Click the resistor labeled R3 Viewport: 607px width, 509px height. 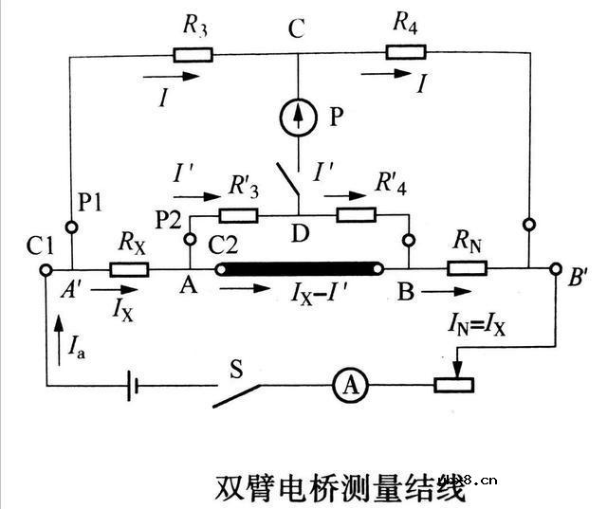(x=194, y=54)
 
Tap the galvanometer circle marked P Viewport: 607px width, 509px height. (x=299, y=116)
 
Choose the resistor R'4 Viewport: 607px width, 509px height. (x=355, y=214)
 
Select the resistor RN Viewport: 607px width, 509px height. (x=468, y=269)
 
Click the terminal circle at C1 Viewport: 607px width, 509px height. (x=46, y=269)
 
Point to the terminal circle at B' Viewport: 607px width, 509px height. (x=557, y=269)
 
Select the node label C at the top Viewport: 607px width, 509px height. (x=297, y=29)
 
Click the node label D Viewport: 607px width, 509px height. (x=300, y=235)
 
